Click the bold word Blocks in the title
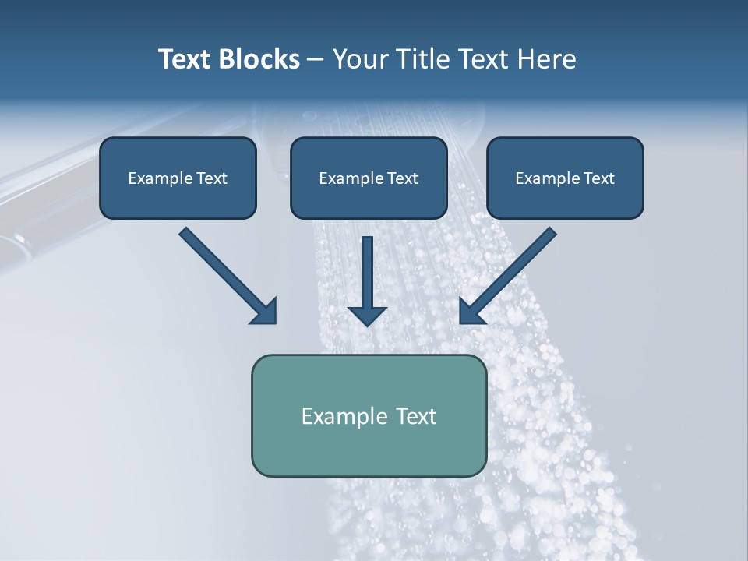(x=260, y=59)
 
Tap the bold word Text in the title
(x=187, y=59)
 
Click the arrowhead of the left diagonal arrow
(x=265, y=312)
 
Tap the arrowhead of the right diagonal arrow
(x=471, y=312)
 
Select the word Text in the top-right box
(x=599, y=178)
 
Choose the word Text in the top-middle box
(x=403, y=178)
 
